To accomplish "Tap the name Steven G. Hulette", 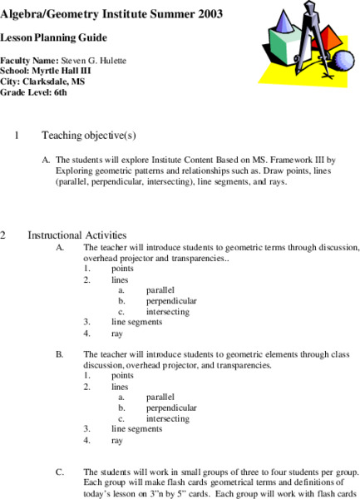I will [96, 61].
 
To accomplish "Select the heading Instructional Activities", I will [76, 235].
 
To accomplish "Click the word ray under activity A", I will [117, 333].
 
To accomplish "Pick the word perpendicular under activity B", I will [170, 408].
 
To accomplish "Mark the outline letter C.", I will [60, 472].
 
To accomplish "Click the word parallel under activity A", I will [160, 289].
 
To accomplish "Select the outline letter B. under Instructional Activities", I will [60, 353].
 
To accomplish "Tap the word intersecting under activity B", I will [167, 418].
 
